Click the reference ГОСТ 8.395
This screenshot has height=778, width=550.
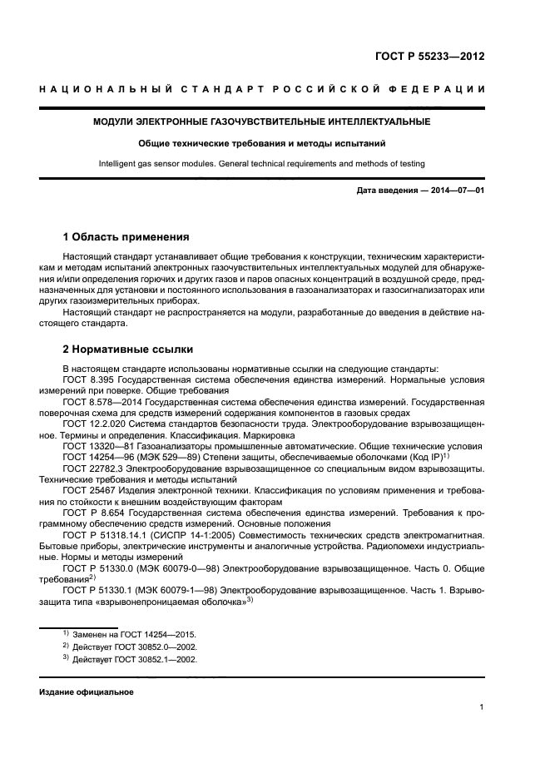point(90,379)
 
